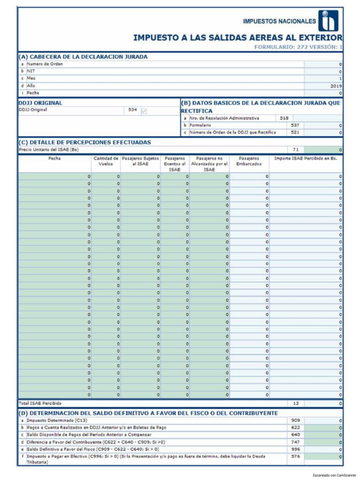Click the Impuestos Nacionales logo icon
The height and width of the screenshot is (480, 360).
point(329,21)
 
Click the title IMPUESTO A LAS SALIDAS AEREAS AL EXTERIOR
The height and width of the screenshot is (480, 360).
point(238,37)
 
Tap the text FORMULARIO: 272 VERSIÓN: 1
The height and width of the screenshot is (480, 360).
point(298,47)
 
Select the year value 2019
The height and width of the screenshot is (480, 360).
point(336,86)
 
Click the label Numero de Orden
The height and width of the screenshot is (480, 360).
point(45,64)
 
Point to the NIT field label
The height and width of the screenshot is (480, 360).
point(30,71)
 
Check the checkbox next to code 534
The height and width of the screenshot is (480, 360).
point(144,111)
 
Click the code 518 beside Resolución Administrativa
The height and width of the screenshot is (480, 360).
point(284,118)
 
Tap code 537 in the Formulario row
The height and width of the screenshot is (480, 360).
point(295,125)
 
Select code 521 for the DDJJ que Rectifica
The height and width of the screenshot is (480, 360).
point(295,132)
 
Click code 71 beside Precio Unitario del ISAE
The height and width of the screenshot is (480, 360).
point(295,150)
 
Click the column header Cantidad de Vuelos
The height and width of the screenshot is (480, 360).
point(106,161)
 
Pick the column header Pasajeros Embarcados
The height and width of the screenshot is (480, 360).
point(249,161)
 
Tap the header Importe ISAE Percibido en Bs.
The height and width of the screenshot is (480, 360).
point(306,158)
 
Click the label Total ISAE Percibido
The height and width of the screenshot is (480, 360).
point(40,403)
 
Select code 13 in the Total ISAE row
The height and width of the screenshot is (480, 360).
point(295,403)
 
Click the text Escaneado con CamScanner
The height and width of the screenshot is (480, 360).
point(334,475)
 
